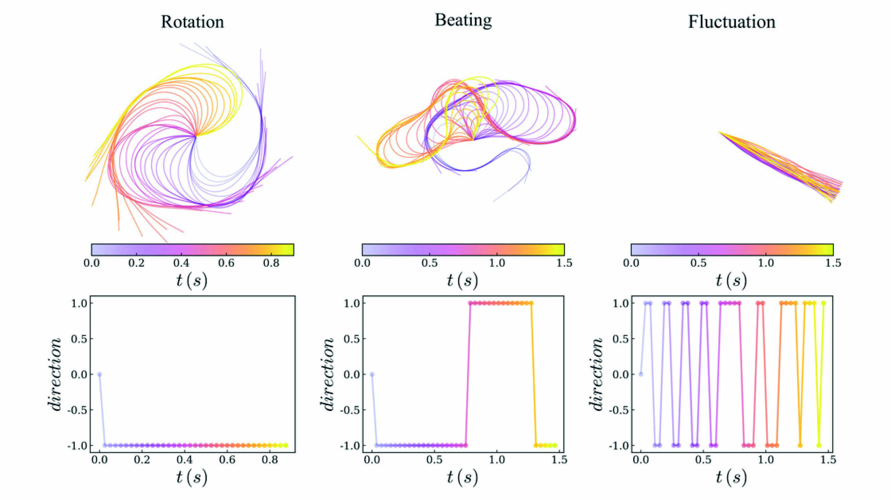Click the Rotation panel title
click(192, 22)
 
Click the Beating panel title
click(463, 20)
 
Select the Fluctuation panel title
click(732, 22)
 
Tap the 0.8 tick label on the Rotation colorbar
click(271, 263)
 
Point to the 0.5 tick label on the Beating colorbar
click(429, 263)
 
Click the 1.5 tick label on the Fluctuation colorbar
click(833, 263)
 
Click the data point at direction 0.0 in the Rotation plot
click(99, 374)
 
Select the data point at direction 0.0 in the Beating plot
click(372, 374)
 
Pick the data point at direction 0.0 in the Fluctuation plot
click(641, 374)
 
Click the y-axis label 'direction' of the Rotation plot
click(55, 374)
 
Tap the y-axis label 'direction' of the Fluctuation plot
click(596, 374)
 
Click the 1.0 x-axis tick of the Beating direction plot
click(497, 460)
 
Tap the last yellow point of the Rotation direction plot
click(286, 445)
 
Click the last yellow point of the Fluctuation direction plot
click(823, 303)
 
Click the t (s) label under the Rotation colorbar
click(191, 280)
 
